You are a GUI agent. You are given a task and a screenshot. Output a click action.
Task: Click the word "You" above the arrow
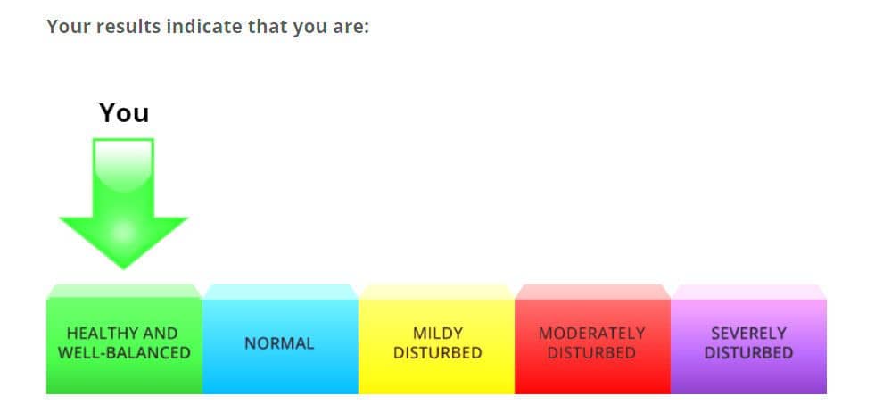(x=124, y=112)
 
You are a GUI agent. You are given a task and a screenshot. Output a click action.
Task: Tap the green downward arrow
(x=123, y=203)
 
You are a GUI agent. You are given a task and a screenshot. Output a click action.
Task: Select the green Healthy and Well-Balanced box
(x=124, y=339)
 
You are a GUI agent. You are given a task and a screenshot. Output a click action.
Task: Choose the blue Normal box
(x=280, y=339)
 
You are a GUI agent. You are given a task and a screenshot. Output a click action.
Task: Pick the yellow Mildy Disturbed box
(x=436, y=339)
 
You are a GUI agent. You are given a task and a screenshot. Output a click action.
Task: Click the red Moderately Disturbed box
(x=592, y=339)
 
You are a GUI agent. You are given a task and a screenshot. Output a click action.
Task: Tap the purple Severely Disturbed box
(x=748, y=339)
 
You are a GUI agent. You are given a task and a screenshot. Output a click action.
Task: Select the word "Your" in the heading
(x=69, y=26)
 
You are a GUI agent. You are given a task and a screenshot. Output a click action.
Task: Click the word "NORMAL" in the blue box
(x=279, y=343)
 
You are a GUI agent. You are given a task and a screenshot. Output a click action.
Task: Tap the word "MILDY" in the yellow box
(x=438, y=334)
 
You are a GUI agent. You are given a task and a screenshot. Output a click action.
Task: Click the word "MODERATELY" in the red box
(x=592, y=334)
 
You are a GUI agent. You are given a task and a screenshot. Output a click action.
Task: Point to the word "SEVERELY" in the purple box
(x=748, y=334)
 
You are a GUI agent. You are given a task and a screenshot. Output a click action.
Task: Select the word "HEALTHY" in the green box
(x=100, y=334)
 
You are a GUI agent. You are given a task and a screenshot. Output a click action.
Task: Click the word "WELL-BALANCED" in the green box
(x=124, y=353)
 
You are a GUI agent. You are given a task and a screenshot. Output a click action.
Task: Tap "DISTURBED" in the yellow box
(x=438, y=353)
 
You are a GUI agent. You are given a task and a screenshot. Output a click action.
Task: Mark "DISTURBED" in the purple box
(x=748, y=353)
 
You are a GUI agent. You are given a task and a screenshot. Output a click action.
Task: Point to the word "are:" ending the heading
(x=351, y=27)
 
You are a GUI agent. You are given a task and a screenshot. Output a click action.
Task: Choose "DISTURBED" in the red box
(x=592, y=353)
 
